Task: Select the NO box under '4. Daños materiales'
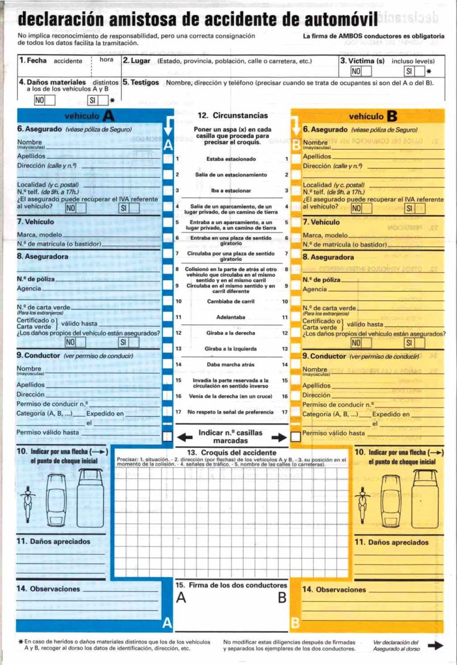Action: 44,100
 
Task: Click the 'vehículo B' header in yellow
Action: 372,116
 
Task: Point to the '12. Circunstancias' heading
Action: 233,115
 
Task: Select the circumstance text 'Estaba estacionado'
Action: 231,159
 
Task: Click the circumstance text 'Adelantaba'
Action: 231,317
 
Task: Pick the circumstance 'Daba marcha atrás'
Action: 231,364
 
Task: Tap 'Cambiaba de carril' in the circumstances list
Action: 231,301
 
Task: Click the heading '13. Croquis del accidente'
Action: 231,453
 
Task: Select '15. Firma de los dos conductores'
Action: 231,585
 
